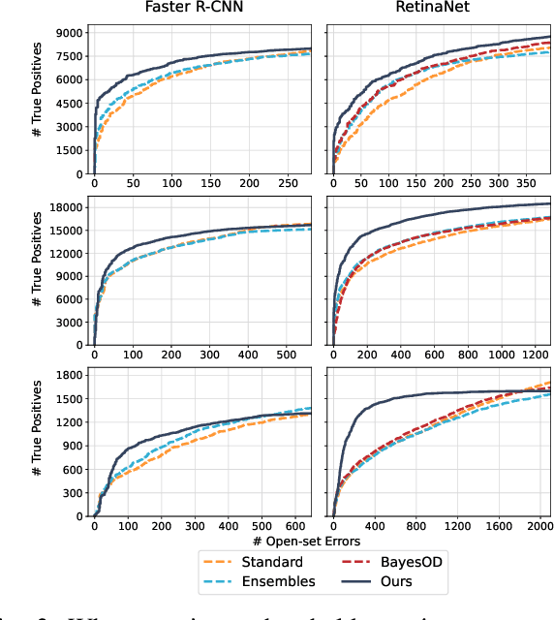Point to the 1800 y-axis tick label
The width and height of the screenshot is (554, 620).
(69, 374)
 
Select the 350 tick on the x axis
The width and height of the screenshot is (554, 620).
(522, 182)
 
